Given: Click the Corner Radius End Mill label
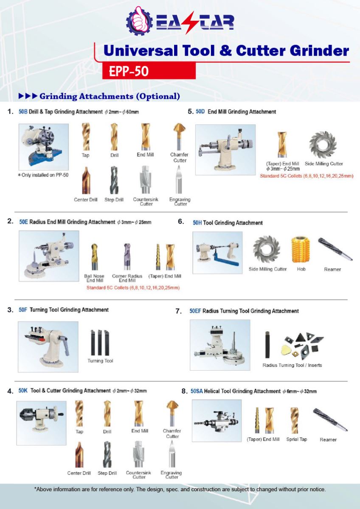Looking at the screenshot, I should pyautogui.click(x=127, y=278).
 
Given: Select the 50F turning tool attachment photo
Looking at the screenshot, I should pyautogui.click(x=48, y=346).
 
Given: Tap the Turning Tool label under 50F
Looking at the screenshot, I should pyautogui.click(x=100, y=361).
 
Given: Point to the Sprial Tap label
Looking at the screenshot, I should pyautogui.click(x=296, y=439).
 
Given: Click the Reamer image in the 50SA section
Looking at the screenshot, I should pyautogui.click(x=330, y=419).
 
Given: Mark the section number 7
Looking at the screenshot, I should pyautogui.click(x=179, y=311).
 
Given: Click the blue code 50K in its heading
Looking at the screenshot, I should pyautogui.click(x=23, y=390).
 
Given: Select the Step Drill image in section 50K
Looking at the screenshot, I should pyautogui.click(x=107, y=454).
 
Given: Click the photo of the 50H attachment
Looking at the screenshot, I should pyautogui.click(x=217, y=252).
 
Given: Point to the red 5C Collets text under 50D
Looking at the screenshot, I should pyautogui.click(x=306, y=175).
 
